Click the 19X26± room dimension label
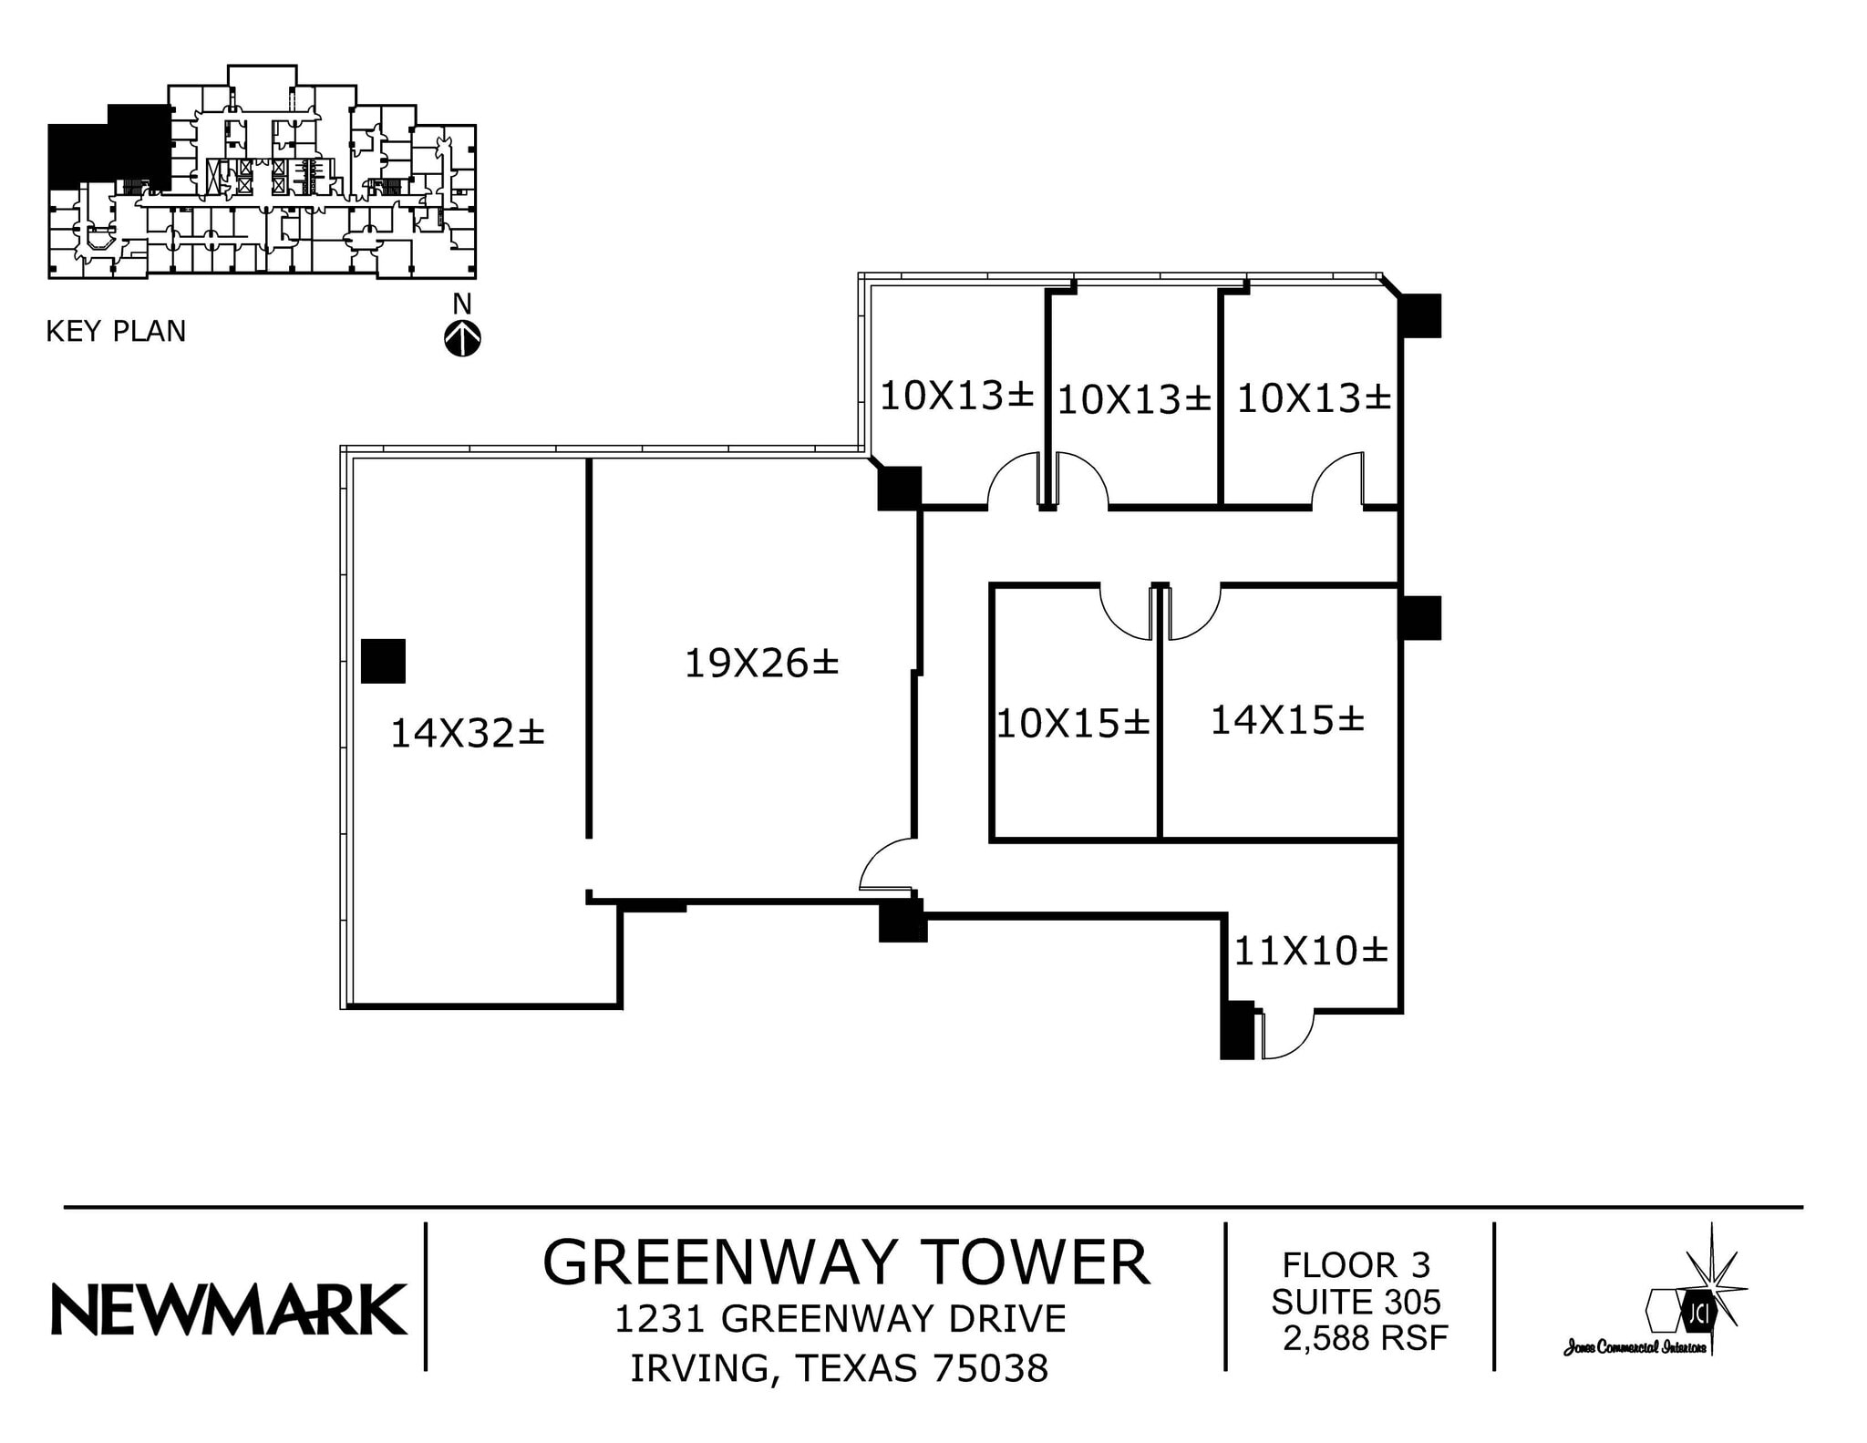click(x=761, y=663)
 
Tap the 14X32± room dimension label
click(x=467, y=733)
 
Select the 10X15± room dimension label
click(x=1073, y=724)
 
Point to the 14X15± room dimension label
click(x=1286, y=720)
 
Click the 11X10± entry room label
click(x=1310, y=951)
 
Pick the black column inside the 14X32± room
click(x=383, y=661)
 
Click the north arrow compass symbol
click(x=462, y=338)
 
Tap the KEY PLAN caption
click(x=116, y=331)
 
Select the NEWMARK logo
click(x=229, y=1309)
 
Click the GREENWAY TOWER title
click(x=845, y=1263)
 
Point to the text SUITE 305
click(x=1356, y=1302)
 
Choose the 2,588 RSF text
click(x=1365, y=1337)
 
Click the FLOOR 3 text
click(x=1356, y=1265)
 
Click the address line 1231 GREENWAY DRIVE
click(x=840, y=1319)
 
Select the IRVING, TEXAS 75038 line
click(x=839, y=1368)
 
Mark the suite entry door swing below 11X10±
click(x=1285, y=1036)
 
